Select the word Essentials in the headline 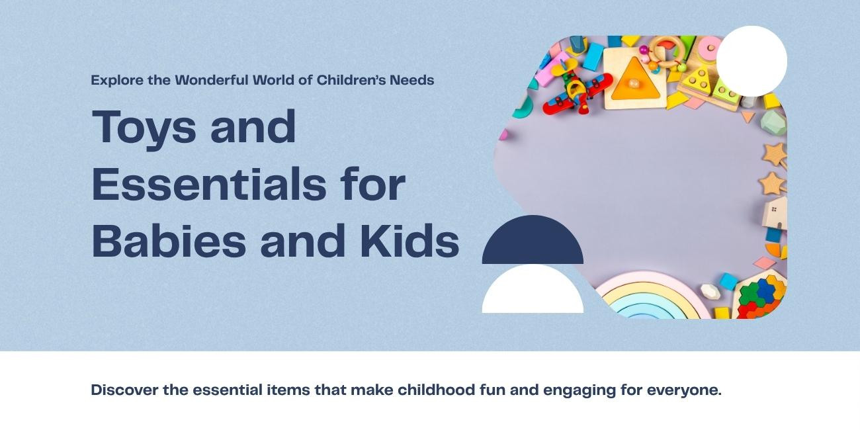tap(208, 184)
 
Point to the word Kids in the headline tap(409, 240)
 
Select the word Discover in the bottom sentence tap(124, 390)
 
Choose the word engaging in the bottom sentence tap(580, 390)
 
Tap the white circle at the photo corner tap(752, 62)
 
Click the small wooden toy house tap(775, 212)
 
